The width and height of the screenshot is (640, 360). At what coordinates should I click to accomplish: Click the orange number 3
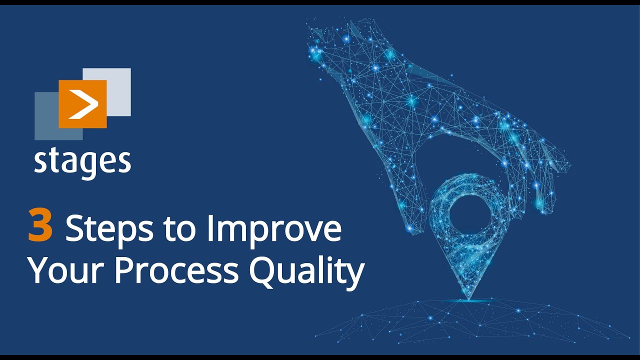tap(40, 226)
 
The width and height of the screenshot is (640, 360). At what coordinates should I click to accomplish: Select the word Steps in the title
tap(108, 228)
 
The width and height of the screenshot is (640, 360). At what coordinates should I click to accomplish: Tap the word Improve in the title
tap(273, 229)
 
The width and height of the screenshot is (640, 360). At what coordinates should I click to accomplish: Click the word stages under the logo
tap(82, 161)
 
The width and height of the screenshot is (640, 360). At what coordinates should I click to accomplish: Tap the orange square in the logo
tap(82, 103)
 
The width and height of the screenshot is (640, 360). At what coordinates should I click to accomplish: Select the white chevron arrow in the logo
tap(83, 105)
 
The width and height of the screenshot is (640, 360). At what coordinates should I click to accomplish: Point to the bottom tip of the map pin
tap(468, 298)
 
